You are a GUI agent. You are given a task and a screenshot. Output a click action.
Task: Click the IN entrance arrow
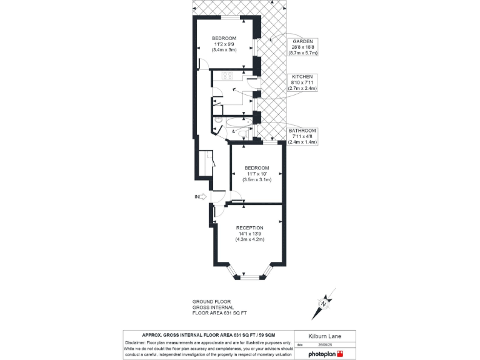[200, 197]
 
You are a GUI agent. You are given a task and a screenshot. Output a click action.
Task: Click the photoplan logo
[326, 354]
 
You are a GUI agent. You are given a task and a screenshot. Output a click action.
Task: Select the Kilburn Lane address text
[324, 336]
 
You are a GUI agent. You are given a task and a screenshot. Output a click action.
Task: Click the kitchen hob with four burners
[227, 76]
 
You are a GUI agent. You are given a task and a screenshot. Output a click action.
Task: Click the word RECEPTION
[249, 227]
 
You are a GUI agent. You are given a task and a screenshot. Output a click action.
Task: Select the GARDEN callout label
[302, 41]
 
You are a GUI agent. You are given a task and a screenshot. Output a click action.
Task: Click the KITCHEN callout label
[302, 76]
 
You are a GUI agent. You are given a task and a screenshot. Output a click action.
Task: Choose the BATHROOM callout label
[302, 130]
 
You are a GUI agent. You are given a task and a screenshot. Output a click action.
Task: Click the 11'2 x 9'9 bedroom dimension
[224, 44]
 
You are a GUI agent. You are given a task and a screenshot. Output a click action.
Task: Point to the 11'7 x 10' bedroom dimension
[256, 174]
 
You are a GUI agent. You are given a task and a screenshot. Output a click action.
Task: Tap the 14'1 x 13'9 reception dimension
[249, 234]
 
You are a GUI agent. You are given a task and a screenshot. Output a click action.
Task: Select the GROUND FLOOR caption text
[211, 301]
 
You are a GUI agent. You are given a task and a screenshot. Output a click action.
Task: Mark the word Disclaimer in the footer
[136, 342]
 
